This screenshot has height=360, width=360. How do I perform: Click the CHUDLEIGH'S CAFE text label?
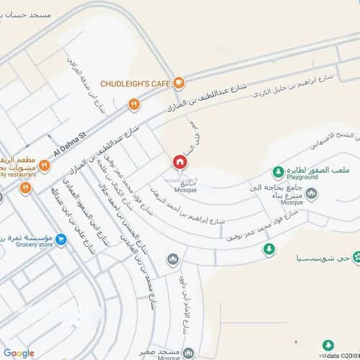(135, 84)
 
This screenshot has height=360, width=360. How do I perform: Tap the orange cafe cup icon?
(179, 83)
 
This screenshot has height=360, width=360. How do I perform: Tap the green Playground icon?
(277, 172)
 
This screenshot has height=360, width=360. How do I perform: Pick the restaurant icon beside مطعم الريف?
(44, 166)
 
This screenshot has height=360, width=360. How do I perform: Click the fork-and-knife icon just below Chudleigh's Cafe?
(133, 105)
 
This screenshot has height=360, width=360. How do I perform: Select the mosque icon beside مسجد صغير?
(189, 354)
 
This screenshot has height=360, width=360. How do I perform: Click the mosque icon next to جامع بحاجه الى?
(310, 193)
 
